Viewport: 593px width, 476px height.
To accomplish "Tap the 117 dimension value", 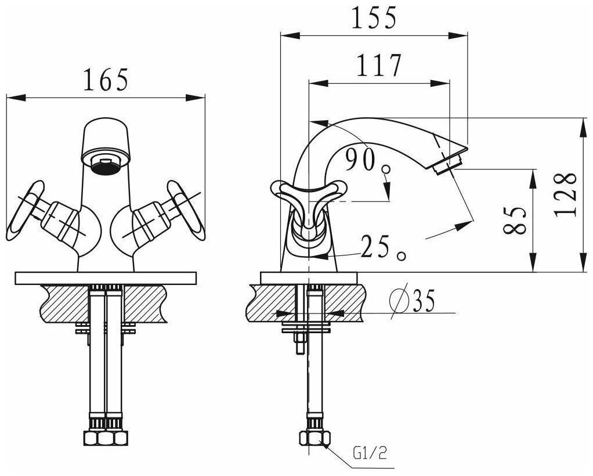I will click(378, 66).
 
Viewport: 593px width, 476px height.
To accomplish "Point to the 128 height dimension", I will click(565, 194).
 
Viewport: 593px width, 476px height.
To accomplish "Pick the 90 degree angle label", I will click(361, 160).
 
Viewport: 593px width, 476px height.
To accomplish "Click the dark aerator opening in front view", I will click(106, 167).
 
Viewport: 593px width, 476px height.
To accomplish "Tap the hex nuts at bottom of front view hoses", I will click(104, 437).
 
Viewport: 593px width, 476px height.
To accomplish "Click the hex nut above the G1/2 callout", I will click(313, 438).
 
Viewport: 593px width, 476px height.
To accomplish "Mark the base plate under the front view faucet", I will click(106, 278).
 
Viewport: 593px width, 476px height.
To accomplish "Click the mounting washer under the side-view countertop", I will click(306, 329).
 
